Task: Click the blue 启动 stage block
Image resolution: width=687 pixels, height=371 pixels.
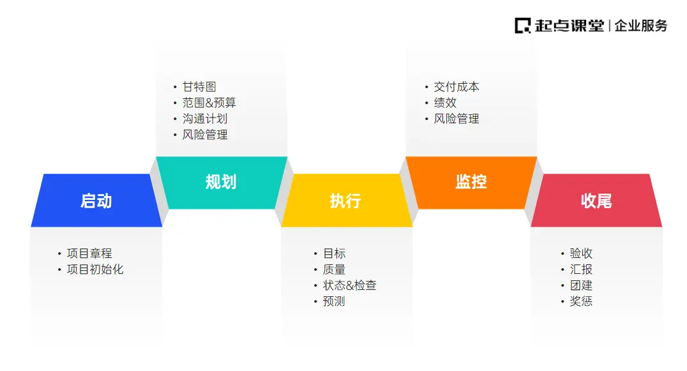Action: (x=96, y=201)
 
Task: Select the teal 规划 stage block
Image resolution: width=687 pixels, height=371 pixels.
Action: (x=221, y=182)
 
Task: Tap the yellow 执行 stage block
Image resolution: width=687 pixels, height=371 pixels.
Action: (x=345, y=201)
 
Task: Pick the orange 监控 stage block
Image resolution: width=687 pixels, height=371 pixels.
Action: (x=471, y=182)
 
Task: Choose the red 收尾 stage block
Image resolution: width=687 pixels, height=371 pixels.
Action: (x=596, y=201)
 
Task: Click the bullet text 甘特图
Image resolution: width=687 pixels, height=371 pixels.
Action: (x=199, y=87)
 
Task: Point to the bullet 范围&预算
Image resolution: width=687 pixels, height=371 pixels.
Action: (x=209, y=103)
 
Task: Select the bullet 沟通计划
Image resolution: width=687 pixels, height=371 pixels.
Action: (x=204, y=119)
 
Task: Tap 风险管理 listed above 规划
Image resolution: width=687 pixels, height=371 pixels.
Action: (x=204, y=135)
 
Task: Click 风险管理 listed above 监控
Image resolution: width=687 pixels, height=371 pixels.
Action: (x=456, y=119)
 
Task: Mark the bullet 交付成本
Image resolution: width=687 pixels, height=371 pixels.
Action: (x=456, y=87)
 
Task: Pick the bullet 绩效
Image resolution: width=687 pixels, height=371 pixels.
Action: (x=445, y=103)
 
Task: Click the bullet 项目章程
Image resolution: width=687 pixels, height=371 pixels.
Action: (x=89, y=254)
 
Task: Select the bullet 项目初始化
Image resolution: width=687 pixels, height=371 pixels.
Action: (x=95, y=269)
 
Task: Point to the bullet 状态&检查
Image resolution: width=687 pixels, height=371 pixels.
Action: (x=349, y=285)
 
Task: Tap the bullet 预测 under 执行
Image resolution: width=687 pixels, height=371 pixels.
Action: (x=334, y=301)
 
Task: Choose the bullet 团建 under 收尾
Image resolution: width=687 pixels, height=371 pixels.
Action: (x=581, y=285)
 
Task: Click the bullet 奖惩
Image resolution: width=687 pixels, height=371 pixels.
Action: (x=581, y=301)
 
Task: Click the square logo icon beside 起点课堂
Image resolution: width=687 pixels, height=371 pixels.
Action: (x=523, y=26)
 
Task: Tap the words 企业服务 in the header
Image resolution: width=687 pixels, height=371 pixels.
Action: (x=641, y=26)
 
